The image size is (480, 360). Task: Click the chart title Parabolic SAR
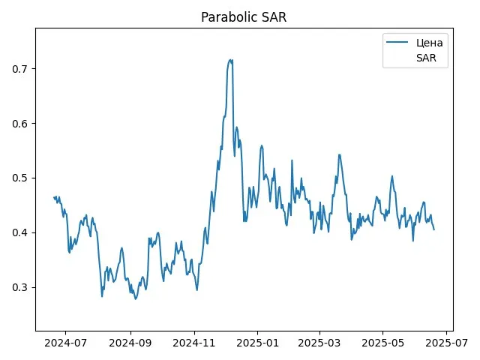pyautogui.click(x=240, y=17)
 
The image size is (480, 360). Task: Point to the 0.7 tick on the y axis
pyautogui.click(x=19, y=69)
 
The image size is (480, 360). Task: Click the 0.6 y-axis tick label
pyautogui.click(x=19, y=124)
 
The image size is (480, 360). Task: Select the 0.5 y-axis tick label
pyautogui.click(x=19, y=178)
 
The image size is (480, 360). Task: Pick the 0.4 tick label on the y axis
pyautogui.click(x=19, y=233)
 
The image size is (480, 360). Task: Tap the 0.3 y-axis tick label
pyautogui.click(x=19, y=288)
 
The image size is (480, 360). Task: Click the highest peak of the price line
pyautogui.click(x=231, y=60)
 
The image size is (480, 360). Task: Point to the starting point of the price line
pyautogui.click(x=54, y=197)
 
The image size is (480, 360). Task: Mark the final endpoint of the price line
pyautogui.click(x=433, y=229)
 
